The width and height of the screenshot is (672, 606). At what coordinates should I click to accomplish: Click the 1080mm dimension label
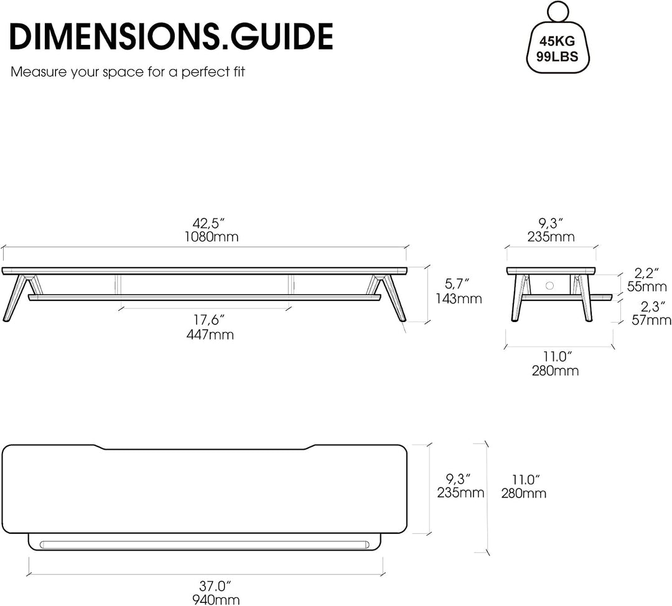tap(212, 237)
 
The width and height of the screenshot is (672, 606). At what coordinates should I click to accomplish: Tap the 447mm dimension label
tap(210, 334)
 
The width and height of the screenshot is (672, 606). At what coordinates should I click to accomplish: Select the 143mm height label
tap(459, 298)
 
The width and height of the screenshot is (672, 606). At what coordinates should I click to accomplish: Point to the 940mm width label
tap(215, 600)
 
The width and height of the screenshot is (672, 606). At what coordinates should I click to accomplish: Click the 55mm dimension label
tap(647, 286)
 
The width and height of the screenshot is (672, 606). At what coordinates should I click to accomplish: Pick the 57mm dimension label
tap(651, 320)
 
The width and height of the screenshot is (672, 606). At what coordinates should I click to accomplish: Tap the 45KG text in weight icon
tap(557, 42)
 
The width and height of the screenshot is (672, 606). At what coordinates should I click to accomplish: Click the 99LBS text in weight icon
tap(557, 57)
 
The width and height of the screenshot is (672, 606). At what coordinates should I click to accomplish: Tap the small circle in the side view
tap(550, 286)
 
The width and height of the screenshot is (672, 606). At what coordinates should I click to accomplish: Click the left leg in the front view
tap(17, 298)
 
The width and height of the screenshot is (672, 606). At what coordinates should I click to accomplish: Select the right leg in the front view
tap(390, 298)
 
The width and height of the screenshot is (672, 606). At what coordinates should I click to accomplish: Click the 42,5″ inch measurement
tap(208, 223)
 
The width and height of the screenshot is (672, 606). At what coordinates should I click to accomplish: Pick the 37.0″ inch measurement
tap(215, 586)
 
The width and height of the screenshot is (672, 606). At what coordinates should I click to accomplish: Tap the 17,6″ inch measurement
tap(209, 320)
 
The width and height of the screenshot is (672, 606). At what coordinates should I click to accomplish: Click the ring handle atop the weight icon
tap(558, 11)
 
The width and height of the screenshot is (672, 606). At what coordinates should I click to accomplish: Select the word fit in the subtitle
tap(239, 72)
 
